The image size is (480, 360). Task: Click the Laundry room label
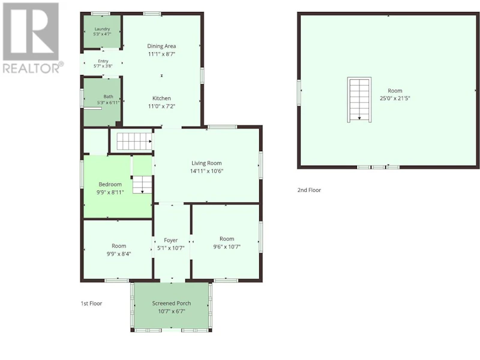(102, 29)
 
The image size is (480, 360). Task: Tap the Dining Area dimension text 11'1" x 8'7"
(161, 54)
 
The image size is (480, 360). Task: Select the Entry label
(103, 61)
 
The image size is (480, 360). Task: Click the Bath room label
(109, 97)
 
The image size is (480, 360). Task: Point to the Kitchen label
(161, 98)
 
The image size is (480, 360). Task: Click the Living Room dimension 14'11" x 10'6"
(206, 171)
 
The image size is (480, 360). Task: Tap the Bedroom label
(110, 184)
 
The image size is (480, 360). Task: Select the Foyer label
(171, 241)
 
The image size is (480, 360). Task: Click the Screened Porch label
(172, 304)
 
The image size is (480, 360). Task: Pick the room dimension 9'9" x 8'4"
(119, 254)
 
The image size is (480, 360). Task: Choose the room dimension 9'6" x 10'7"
(227, 247)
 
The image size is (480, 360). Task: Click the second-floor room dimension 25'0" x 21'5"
(395, 98)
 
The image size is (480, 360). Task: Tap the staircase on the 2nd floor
(359, 100)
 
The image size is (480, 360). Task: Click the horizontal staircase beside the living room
(134, 141)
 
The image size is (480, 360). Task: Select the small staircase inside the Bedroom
(142, 184)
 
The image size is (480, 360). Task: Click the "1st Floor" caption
(91, 304)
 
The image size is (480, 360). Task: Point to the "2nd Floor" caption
(309, 190)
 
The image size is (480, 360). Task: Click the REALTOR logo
(33, 38)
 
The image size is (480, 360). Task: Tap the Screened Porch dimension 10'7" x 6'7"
(172, 311)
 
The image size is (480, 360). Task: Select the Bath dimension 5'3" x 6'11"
(109, 103)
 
